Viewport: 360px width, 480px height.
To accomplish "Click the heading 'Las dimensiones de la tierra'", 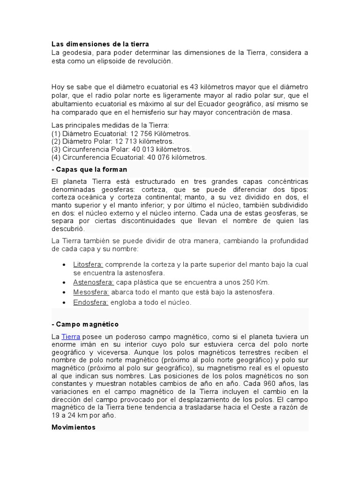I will (100, 44).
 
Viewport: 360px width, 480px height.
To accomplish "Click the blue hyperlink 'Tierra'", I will (71, 337).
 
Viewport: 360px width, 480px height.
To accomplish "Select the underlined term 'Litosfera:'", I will (88, 264).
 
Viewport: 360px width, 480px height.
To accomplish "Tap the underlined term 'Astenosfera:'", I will (93, 282).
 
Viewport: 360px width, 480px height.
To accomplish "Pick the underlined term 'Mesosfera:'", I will (91, 292).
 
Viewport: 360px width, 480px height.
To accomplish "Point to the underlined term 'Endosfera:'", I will (90, 302).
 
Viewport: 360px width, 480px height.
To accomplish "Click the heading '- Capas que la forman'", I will (89, 169).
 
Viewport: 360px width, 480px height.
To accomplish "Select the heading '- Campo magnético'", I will (85, 324).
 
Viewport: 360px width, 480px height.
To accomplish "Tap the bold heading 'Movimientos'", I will (74, 427).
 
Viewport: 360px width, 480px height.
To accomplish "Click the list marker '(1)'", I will (56, 134).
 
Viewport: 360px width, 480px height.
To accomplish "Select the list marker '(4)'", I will (56, 157).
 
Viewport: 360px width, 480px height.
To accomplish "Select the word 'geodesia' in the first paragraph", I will (75, 52).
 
